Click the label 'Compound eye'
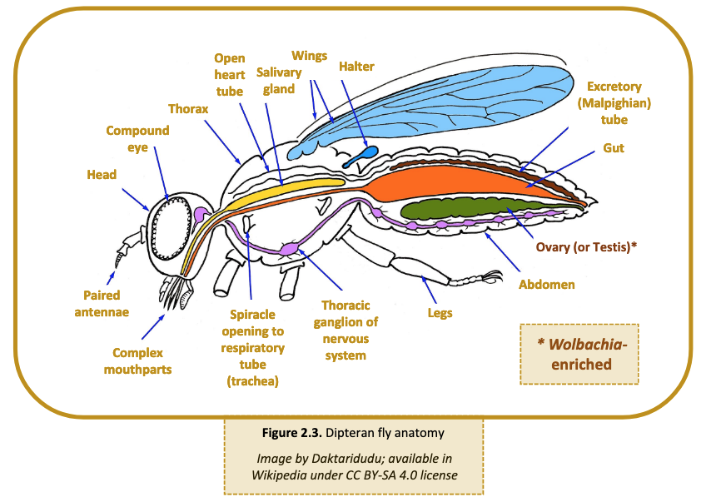(x=137, y=139)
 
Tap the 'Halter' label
(x=356, y=67)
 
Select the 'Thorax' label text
(x=187, y=109)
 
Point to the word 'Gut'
(x=614, y=148)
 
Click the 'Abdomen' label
(x=546, y=284)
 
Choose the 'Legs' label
(x=440, y=313)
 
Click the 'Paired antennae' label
(x=102, y=303)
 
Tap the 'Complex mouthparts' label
(x=138, y=360)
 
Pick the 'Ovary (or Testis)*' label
(x=586, y=247)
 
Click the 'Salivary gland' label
(x=279, y=81)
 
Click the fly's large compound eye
(x=174, y=226)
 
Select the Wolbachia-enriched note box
(x=579, y=354)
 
